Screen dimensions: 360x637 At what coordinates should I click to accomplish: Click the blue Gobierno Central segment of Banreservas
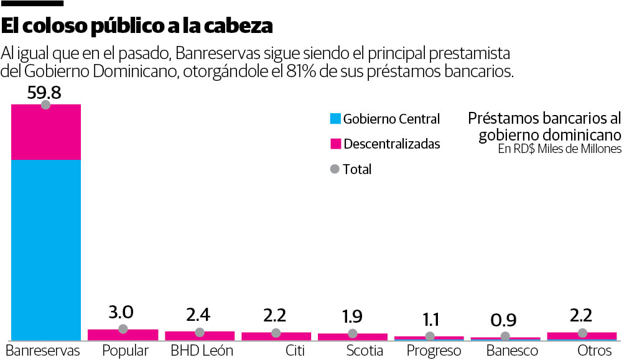(x=46, y=249)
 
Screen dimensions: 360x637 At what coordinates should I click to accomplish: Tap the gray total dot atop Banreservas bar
(x=45, y=104)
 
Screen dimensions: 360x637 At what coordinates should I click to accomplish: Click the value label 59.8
(x=44, y=93)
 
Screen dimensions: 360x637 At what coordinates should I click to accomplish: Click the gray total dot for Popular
(x=123, y=329)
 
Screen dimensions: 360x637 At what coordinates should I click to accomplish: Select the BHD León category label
(x=202, y=351)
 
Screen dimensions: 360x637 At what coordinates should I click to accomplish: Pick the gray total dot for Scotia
(x=352, y=334)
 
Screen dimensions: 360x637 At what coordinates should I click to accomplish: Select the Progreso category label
(x=434, y=351)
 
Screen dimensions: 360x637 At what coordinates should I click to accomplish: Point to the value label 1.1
(x=430, y=320)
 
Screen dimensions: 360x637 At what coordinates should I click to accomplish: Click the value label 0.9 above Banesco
(x=505, y=321)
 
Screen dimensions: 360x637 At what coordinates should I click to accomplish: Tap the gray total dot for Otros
(x=582, y=333)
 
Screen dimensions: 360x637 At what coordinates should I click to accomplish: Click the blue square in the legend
(x=335, y=119)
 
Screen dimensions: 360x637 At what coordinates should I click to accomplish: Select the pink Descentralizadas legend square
(x=335, y=144)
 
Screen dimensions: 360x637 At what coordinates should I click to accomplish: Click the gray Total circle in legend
(x=335, y=169)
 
